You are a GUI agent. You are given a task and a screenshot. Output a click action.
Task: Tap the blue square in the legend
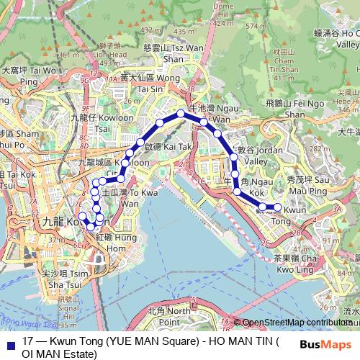pos(9,342)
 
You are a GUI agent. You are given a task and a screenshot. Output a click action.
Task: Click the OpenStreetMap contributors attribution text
pos(298,322)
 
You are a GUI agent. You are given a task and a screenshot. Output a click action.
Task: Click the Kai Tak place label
pos(163,146)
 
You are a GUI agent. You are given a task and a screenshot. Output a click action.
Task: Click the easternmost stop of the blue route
pos(278,208)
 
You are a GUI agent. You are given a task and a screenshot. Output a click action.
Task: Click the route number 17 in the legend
pos(28,342)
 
